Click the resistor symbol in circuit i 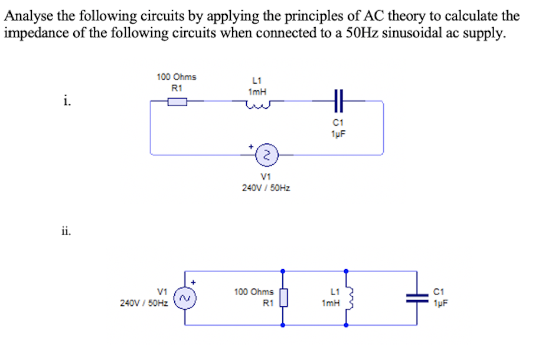point(177,102)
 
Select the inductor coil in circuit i point(257,105)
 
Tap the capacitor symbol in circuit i point(337,101)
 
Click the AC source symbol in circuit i point(266,155)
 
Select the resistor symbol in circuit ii point(283,298)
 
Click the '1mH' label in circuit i point(257,91)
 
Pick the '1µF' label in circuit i point(338,133)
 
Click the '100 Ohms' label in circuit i point(177,77)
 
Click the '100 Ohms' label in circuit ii point(253,292)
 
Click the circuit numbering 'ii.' point(66,231)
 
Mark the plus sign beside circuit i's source point(251,145)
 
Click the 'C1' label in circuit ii point(437,292)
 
